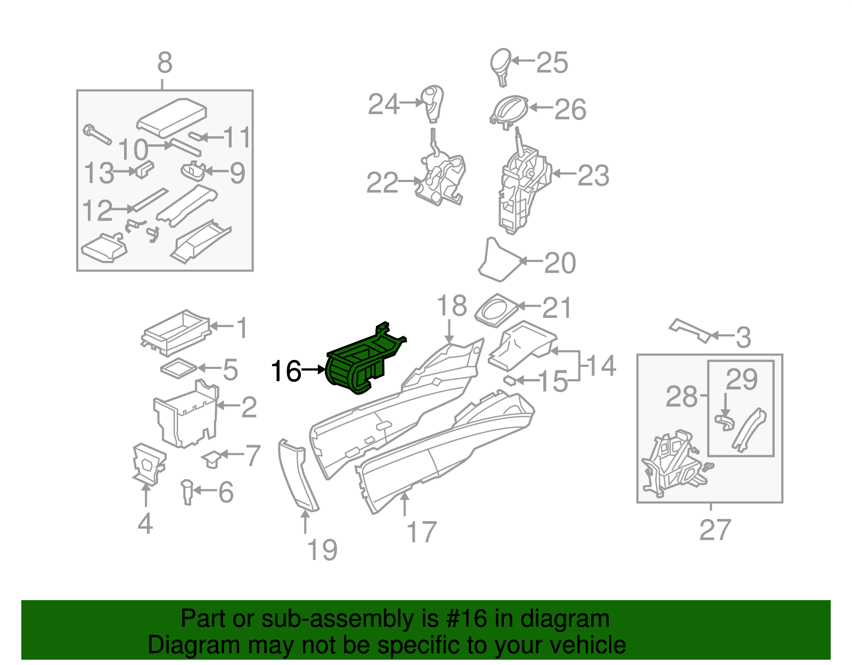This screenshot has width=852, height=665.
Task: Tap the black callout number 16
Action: pos(286,371)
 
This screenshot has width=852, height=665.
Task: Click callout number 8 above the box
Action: pos(165,63)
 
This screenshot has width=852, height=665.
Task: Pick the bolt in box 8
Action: pos(96,134)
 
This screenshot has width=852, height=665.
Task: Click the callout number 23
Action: pos(593,175)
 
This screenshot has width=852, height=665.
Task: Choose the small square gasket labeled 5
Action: pos(178,368)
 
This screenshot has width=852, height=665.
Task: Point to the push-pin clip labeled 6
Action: pos(187,491)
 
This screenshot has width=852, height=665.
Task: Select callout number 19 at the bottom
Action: pos(323,549)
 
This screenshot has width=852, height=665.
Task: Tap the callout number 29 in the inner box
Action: pos(741,380)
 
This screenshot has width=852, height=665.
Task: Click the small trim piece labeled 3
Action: pos(691,330)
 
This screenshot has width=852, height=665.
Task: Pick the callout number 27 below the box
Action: pos(715,530)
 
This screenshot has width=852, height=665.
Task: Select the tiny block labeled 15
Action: pos(510,380)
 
